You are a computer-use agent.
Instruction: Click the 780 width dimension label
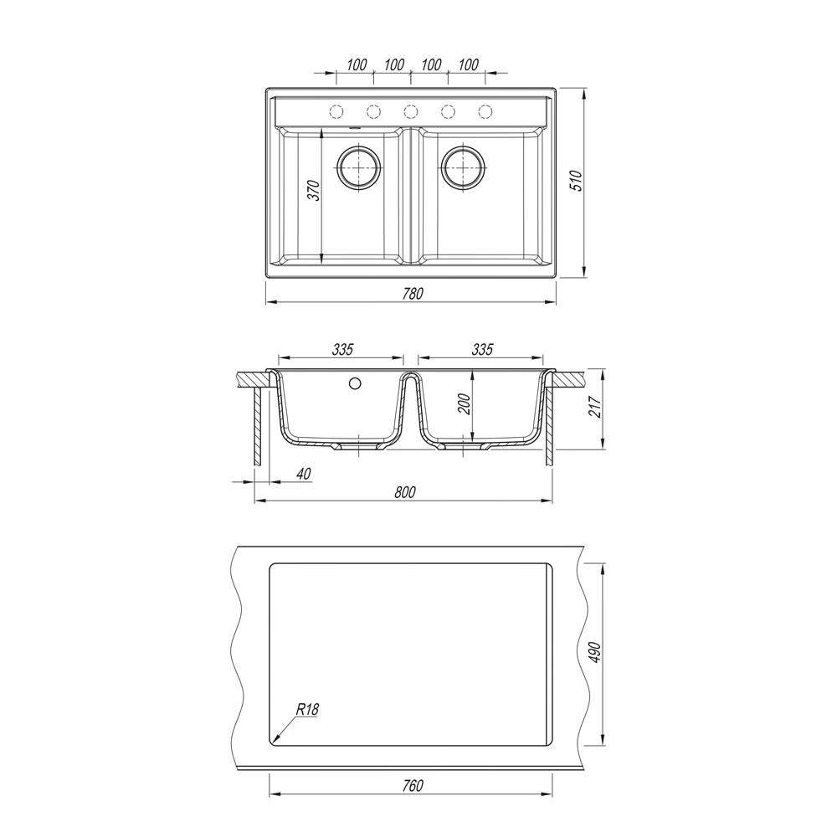[413, 294]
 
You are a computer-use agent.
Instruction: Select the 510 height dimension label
[576, 181]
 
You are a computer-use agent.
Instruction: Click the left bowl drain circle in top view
[359, 167]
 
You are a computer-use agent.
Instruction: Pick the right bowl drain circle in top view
[463, 167]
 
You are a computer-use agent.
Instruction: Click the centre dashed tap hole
[410, 111]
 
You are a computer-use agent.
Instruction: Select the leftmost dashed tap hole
[336, 111]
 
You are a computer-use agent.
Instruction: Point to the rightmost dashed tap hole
[485, 111]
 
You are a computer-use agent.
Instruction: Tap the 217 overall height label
[597, 408]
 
